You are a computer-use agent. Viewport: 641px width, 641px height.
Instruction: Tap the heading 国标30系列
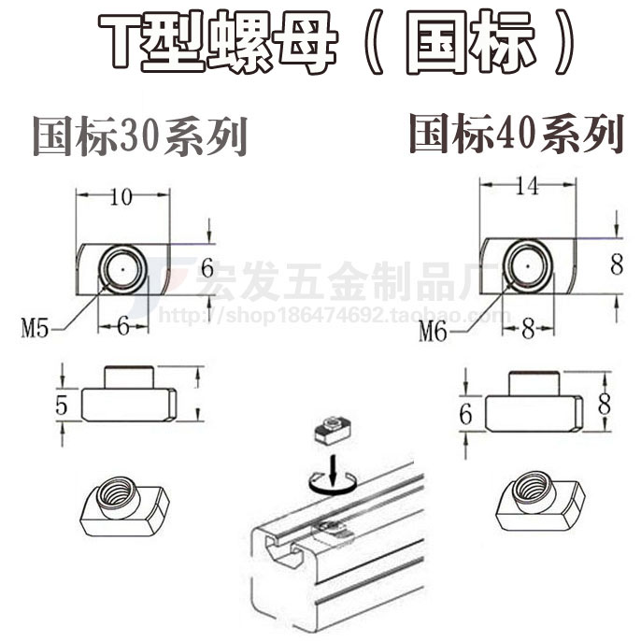[140, 136]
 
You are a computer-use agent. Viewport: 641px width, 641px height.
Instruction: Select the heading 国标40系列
[515, 134]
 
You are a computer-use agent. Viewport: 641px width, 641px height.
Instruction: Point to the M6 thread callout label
[434, 330]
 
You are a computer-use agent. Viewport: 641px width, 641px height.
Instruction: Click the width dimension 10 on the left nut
[122, 196]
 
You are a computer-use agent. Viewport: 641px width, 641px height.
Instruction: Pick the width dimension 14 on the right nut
[527, 187]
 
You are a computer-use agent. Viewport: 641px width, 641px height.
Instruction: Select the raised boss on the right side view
[532, 384]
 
